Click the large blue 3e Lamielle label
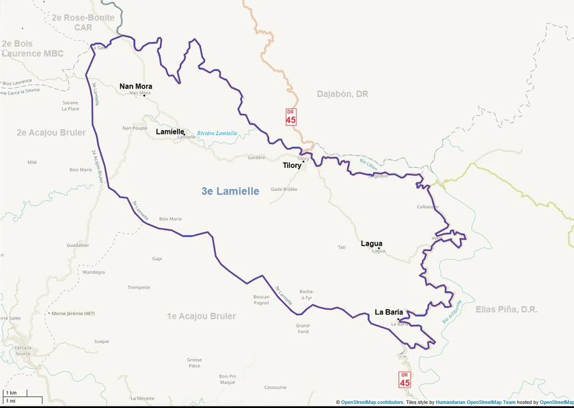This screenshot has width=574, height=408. pyautogui.click(x=230, y=192)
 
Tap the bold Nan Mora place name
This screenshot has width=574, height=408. pyautogui.click(x=135, y=86)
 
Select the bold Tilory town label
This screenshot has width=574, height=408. pyautogui.click(x=292, y=165)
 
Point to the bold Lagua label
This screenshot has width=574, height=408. pyautogui.click(x=371, y=244)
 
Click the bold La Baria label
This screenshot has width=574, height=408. pyautogui.click(x=389, y=312)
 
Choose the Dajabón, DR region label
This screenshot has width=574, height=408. pyautogui.click(x=342, y=94)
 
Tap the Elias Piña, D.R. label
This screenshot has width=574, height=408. pyautogui.click(x=506, y=310)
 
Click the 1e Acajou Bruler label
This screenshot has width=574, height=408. pyautogui.click(x=202, y=317)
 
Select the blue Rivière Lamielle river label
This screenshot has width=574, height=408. pyautogui.click(x=217, y=133)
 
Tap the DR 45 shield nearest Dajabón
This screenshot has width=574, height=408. pyautogui.click(x=290, y=117)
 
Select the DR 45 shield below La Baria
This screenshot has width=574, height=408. pyautogui.click(x=405, y=380)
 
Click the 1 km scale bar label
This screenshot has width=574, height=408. pyautogui.click(x=11, y=393)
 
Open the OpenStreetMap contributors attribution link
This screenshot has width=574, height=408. pyautogui.click(x=372, y=403)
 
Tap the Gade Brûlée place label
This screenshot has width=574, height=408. pyautogui.click(x=284, y=189)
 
